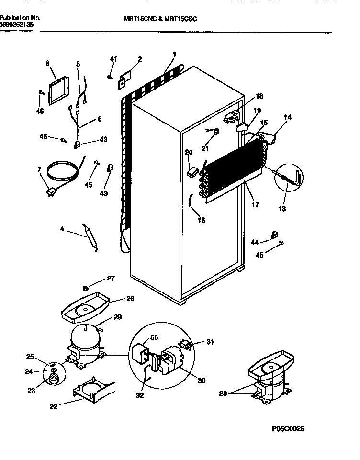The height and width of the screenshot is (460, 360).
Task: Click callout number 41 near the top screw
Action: point(113,59)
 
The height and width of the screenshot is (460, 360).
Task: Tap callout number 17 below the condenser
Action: point(255,205)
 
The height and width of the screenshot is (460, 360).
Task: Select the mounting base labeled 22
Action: point(94,389)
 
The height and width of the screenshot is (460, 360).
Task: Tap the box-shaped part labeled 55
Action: point(139,351)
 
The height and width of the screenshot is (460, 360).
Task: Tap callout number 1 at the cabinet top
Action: point(175,54)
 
